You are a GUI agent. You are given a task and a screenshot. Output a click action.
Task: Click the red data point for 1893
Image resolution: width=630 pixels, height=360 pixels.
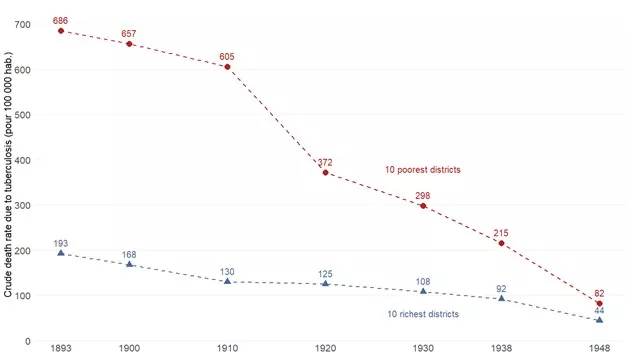61,31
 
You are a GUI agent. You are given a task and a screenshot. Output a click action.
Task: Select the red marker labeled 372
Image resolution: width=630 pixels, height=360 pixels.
326,173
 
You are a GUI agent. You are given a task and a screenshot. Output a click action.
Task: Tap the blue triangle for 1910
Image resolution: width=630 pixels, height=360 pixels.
228,282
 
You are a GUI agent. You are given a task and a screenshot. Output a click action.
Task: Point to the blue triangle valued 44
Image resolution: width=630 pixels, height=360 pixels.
599,320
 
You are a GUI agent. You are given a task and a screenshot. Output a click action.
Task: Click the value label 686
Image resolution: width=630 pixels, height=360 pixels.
61,20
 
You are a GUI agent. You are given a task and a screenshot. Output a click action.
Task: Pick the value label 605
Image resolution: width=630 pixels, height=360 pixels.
228,56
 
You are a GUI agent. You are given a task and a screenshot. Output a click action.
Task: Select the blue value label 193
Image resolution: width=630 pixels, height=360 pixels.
61,243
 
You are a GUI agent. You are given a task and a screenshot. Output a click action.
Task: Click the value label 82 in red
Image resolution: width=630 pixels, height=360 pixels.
599,293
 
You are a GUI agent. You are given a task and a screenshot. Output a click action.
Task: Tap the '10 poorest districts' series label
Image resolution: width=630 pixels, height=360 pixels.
423,170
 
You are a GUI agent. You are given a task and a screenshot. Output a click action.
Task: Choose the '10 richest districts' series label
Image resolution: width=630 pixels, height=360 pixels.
423,314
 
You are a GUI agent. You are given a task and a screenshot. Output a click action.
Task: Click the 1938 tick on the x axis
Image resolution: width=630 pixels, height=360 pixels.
501,349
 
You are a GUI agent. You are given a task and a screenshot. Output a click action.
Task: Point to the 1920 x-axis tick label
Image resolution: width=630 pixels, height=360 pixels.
326,349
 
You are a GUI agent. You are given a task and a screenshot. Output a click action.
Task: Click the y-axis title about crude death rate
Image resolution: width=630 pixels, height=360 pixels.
8,180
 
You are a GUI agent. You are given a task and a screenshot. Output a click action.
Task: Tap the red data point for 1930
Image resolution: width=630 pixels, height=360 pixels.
423,206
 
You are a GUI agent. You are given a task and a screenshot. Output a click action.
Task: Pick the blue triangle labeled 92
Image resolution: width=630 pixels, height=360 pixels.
501,299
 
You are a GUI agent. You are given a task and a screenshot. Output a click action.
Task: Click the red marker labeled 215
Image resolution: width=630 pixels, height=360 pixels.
501,243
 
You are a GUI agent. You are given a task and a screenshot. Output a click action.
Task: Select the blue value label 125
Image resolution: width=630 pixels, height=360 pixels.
326,274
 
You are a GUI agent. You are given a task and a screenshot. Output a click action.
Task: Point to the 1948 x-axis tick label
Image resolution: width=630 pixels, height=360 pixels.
599,349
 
